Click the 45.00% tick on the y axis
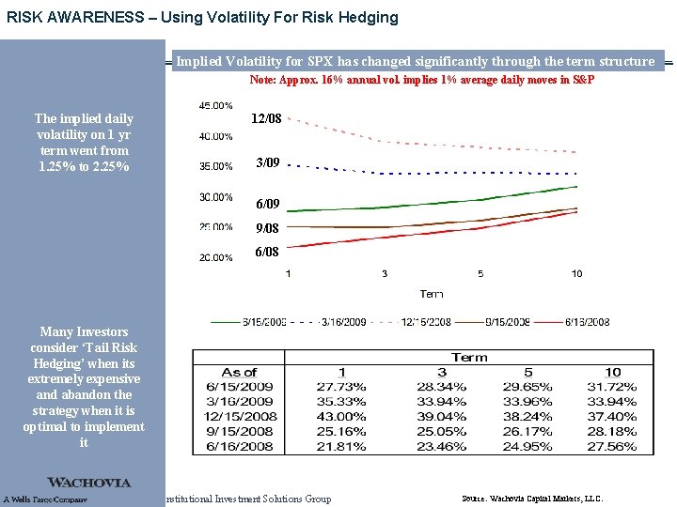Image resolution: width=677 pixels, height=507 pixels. click(x=216, y=106)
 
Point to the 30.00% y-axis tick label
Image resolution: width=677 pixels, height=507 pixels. click(x=216, y=197)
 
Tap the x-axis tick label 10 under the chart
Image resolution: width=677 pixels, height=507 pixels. click(x=576, y=273)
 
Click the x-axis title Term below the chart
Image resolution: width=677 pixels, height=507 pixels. click(x=432, y=294)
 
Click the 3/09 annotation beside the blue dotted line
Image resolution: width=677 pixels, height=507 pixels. click(x=268, y=162)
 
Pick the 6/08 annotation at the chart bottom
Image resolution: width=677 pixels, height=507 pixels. click(x=268, y=252)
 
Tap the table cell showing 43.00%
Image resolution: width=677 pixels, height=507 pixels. click(x=342, y=416)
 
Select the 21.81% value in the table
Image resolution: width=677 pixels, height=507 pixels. click(x=342, y=446)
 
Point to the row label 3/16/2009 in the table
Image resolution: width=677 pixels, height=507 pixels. click(x=239, y=401)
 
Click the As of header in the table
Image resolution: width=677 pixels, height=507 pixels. click(x=239, y=372)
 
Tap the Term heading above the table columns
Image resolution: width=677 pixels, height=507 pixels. click(x=469, y=357)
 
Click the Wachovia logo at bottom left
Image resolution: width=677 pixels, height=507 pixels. click(x=89, y=483)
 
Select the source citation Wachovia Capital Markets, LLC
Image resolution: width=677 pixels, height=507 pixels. click(x=532, y=499)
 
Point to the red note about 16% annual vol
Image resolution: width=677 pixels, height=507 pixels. click(x=421, y=81)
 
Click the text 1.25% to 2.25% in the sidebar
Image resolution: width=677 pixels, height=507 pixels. click(x=84, y=166)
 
